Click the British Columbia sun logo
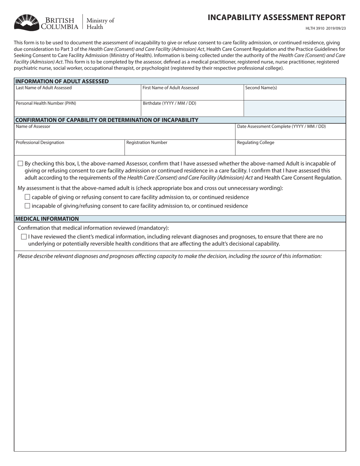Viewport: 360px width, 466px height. pyautogui.click(x=27, y=22)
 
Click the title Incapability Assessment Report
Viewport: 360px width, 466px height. pyautogui.click(x=276, y=17)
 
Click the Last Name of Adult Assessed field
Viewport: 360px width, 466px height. pyautogui.click(x=77, y=95)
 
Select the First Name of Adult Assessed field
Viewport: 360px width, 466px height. pyautogui.click(x=192, y=95)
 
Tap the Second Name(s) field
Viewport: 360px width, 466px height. pyautogui.click(x=294, y=95)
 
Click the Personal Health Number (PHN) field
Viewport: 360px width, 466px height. pyautogui.click(x=77, y=110)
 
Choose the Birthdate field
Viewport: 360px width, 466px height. pyautogui.click(x=192, y=110)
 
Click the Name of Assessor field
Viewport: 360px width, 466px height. pyautogui.click(x=124, y=133)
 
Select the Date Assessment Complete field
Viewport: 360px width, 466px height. pyautogui.click(x=290, y=133)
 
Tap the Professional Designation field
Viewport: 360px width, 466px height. pyautogui.click(x=69, y=149)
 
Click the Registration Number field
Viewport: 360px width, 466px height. pyautogui.click(x=180, y=149)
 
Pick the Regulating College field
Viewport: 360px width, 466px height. pyautogui.click(x=290, y=149)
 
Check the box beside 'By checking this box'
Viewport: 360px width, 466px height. pyautogui.click(x=20, y=164)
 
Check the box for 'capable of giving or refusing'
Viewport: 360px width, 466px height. pyautogui.click(x=27, y=197)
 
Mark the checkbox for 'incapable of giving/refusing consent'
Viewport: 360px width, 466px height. pyautogui.click(x=27, y=206)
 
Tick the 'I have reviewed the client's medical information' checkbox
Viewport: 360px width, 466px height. pyautogui.click(x=24, y=237)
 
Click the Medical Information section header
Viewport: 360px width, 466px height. pyautogui.click(x=47, y=219)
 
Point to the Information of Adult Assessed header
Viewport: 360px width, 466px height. pyautogui.click(x=62, y=81)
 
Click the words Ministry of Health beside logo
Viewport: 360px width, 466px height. pyautogui.click(x=100, y=23)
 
